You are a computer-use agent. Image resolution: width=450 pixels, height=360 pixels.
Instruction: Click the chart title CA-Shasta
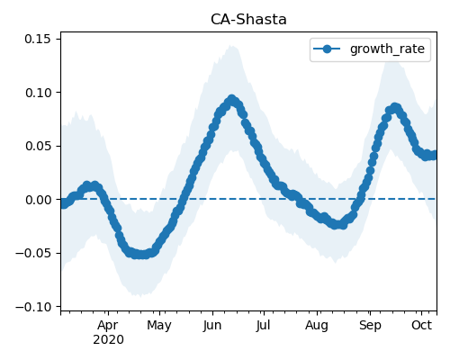point(248,20)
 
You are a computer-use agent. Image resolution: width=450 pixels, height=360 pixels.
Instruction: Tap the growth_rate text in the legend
point(387,49)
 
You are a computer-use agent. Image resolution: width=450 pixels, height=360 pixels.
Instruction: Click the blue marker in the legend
point(327,49)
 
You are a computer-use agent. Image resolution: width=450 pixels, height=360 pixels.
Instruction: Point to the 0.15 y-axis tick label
point(38,39)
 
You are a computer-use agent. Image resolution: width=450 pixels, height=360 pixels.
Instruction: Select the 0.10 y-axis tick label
point(38,93)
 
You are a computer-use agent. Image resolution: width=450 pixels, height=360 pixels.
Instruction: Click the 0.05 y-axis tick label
point(38,146)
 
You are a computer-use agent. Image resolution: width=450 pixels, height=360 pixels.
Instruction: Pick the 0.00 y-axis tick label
point(38,200)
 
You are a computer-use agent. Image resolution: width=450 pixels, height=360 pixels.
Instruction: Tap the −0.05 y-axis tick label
point(33,253)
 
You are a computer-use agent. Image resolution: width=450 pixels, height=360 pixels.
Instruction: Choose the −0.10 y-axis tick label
point(33,307)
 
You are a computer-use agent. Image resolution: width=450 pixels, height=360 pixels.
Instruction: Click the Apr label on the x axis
point(108,326)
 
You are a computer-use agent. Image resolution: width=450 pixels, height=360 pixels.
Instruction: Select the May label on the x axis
point(159,326)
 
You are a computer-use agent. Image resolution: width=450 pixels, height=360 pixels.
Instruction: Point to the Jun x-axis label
point(212,326)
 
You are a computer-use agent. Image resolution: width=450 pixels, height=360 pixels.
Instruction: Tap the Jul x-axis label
point(264,326)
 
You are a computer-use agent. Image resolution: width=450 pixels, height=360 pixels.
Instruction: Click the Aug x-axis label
point(317,326)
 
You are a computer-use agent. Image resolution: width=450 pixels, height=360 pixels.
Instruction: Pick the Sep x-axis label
point(370,326)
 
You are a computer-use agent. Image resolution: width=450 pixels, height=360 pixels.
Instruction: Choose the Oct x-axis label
point(421,325)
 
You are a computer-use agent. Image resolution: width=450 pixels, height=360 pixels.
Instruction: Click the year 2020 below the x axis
point(108,340)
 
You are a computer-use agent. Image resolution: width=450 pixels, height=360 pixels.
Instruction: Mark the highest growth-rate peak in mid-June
point(231,99)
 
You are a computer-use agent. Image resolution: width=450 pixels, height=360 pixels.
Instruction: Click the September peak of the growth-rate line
point(395,107)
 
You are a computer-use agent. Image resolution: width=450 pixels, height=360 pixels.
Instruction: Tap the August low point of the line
point(338,224)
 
